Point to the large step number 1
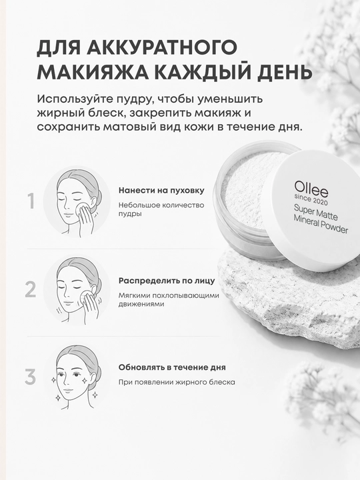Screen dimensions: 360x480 tap(31, 201)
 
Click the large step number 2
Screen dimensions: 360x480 tap(31, 289)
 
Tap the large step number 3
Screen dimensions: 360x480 tap(30, 377)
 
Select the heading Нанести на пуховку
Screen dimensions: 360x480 tap(161, 191)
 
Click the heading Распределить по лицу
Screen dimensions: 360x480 tap(167, 281)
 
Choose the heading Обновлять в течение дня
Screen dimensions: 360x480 tap(172, 367)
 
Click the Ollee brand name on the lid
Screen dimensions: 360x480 tap(311, 189)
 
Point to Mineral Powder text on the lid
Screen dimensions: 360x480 tap(321, 224)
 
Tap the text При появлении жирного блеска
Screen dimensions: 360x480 tap(177, 382)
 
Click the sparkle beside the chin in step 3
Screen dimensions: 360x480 tap(95, 394)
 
